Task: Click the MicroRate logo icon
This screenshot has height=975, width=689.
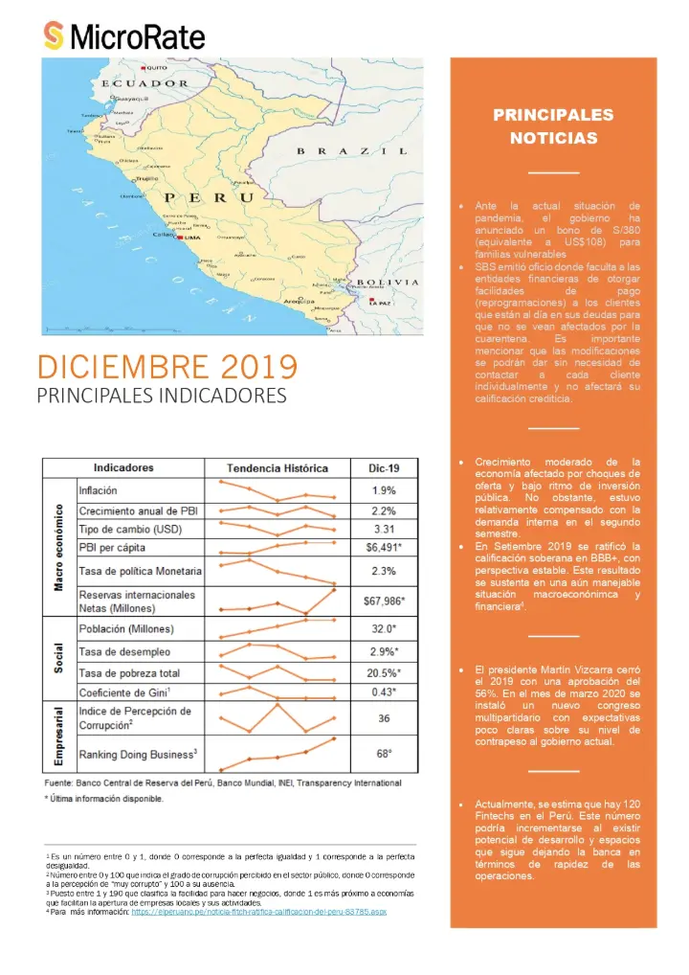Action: pyautogui.click(x=55, y=36)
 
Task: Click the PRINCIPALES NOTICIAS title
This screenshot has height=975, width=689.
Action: pyautogui.click(x=553, y=126)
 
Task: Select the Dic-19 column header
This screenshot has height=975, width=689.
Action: pyautogui.click(x=382, y=468)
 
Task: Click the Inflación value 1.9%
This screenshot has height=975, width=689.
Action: pyautogui.click(x=382, y=490)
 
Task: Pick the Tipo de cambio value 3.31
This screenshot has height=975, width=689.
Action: pyautogui.click(x=382, y=529)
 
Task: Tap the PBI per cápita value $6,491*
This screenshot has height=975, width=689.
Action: pyautogui.click(x=382, y=548)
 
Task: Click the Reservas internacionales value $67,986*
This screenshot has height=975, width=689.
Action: pyautogui.click(x=382, y=601)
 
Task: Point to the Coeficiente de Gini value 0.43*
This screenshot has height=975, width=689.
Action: pyautogui.click(x=382, y=692)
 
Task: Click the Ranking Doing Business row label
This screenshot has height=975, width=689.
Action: pyautogui.click(x=138, y=754)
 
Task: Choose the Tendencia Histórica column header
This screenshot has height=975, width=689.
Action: pyautogui.click(x=277, y=468)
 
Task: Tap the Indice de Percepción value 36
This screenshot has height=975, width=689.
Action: pyautogui.click(x=382, y=718)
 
